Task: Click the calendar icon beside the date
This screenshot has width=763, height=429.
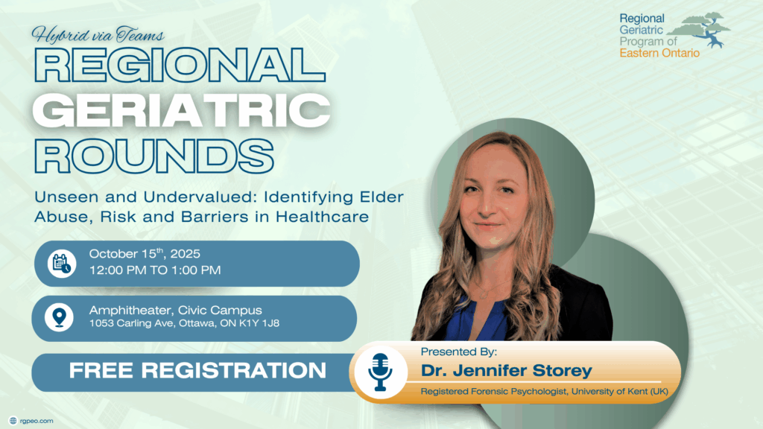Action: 61,264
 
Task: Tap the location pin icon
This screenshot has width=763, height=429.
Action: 60,317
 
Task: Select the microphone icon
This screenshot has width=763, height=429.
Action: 380,372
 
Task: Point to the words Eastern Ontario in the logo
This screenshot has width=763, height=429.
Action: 659,53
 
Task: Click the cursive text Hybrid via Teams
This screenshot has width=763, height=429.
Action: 98,34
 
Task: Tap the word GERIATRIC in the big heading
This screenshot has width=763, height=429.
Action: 182,111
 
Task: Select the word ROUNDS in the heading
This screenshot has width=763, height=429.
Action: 153,156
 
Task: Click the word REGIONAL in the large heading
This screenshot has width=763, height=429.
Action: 180,66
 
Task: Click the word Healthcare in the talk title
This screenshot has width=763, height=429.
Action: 322,217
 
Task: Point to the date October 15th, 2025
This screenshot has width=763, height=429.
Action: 145,253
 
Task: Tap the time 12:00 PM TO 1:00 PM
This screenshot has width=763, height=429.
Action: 155,270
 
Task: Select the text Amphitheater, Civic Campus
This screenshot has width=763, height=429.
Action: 175,311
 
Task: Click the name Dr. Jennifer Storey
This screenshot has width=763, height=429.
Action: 507,371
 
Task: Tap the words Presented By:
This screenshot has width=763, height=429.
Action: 459,352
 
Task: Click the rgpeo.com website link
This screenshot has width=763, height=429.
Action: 37,421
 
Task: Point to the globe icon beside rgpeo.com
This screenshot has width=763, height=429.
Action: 13,421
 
